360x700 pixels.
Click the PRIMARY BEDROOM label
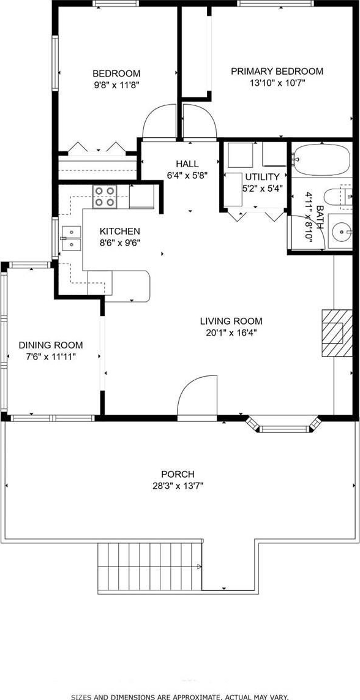point(277,71)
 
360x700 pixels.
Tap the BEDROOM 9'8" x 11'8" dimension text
point(116,85)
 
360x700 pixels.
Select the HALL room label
point(187,164)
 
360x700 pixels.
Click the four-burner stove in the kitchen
point(104,197)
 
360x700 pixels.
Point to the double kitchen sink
point(72,238)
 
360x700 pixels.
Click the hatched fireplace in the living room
point(337,333)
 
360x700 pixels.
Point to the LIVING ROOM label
point(231,321)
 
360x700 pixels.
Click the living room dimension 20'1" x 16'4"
point(231,333)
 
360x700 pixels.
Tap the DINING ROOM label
point(50,345)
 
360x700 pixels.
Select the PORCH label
point(178,474)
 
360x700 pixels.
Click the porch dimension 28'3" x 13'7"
point(178,486)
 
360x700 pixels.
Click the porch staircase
point(150,567)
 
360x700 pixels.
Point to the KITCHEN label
point(119,231)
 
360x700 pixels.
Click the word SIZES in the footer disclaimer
point(81,696)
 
